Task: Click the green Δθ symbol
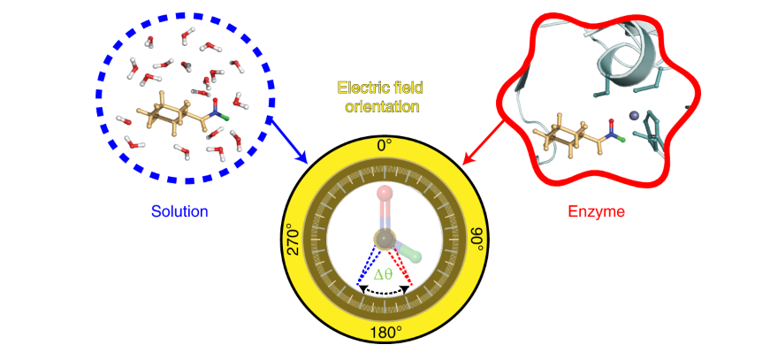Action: point(383,275)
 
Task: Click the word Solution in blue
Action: point(178,211)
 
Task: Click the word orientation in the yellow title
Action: point(383,106)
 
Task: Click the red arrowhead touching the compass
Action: point(466,159)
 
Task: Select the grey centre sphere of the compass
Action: point(384,237)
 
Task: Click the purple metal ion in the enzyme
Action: point(634,115)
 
